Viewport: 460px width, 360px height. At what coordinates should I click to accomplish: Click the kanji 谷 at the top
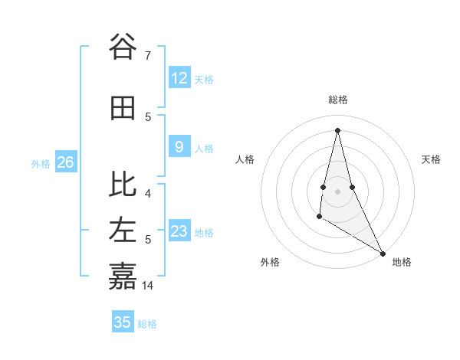pyautogui.click(x=123, y=47)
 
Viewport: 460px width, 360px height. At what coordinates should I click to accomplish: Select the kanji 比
pyautogui.click(x=123, y=185)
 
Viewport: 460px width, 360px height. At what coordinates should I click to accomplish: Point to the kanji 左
pyautogui.click(x=123, y=231)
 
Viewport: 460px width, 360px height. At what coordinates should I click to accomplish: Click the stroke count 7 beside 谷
pyautogui.click(x=148, y=55)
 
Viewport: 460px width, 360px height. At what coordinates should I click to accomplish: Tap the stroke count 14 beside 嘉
pyautogui.click(x=148, y=285)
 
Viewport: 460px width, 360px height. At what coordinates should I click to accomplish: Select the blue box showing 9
pyautogui.click(x=179, y=147)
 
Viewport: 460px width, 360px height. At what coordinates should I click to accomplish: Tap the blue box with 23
pyautogui.click(x=179, y=231)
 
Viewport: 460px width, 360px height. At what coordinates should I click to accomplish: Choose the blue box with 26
pyautogui.click(x=65, y=162)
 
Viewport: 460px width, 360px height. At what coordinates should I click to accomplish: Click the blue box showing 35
pyautogui.click(x=122, y=322)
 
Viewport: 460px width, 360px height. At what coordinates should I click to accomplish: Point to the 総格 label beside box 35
pyautogui.click(x=147, y=324)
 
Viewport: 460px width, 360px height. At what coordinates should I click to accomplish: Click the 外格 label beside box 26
pyautogui.click(x=41, y=163)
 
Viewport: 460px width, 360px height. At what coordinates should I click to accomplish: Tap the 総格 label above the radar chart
pyautogui.click(x=337, y=100)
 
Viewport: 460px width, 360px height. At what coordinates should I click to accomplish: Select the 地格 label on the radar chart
pyautogui.click(x=402, y=262)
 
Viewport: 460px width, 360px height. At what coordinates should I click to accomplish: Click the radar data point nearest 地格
pyautogui.click(x=383, y=253)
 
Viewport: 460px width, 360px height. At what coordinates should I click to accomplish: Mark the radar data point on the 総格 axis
pyautogui.click(x=337, y=129)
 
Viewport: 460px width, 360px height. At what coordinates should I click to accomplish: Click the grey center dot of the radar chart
pyautogui.click(x=337, y=180)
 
